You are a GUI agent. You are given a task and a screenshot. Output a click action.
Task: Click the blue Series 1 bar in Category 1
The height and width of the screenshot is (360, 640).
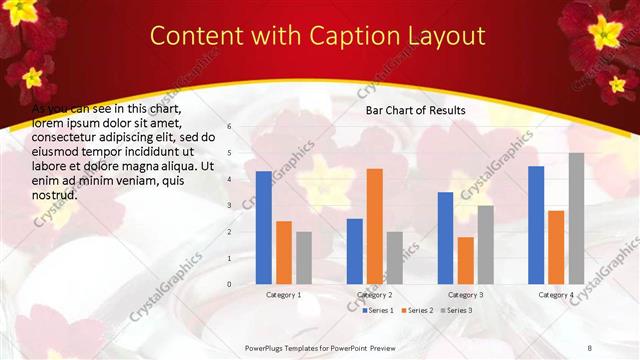pyautogui.click(x=264, y=228)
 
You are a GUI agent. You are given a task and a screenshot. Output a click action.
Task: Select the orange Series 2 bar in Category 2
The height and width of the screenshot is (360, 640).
pyautogui.click(x=375, y=226)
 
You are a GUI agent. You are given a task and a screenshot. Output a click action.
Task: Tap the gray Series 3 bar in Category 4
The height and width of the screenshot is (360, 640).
pyautogui.click(x=576, y=219)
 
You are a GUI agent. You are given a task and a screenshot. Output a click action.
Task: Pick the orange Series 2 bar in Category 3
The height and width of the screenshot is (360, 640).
pyautogui.click(x=466, y=260)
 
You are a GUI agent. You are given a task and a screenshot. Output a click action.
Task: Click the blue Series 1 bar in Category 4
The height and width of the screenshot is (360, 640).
pyautogui.click(x=536, y=225)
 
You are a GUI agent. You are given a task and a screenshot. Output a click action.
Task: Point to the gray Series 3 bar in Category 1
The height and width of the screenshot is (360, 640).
pyautogui.click(x=304, y=258)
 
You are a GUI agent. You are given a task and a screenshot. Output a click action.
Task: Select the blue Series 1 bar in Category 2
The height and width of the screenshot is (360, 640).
pyautogui.click(x=355, y=251)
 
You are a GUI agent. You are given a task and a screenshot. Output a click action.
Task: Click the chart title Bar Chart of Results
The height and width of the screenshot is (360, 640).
pyautogui.click(x=415, y=109)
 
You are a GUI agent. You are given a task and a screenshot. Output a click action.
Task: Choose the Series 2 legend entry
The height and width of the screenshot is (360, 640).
pyautogui.click(x=418, y=310)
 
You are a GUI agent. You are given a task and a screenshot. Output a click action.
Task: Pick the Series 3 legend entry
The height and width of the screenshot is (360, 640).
pyautogui.click(x=459, y=310)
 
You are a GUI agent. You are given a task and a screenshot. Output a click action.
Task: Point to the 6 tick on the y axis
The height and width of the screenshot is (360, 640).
pyautogui.click(x=229, y=127)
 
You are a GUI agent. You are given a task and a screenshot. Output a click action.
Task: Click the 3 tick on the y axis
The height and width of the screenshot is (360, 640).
pyautogui.click(x=229, y=205)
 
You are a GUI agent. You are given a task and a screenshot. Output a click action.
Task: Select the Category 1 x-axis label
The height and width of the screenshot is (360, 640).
pyautogui.click(x=284, y=295)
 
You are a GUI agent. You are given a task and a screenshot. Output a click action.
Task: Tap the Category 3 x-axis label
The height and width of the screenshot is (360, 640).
pyautogui.click(x=466, y=295)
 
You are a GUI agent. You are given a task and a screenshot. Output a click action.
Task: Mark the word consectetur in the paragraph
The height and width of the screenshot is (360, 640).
pyautogui.click(x=63, y=137)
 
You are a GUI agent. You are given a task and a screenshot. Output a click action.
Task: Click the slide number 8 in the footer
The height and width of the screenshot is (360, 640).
pyautogui.click(x=589, y=347)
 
